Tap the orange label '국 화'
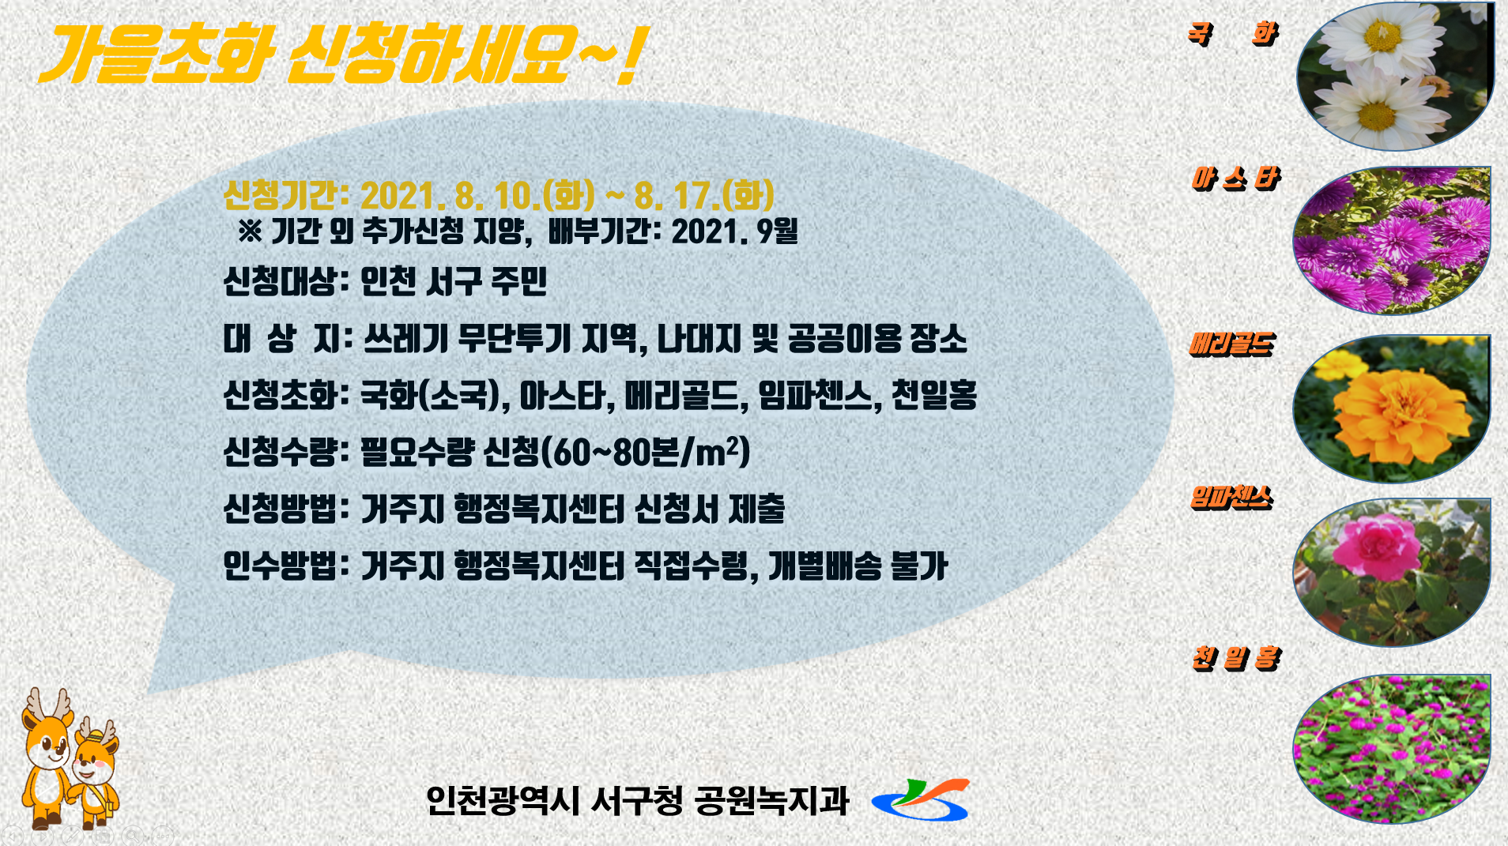point(1233,33)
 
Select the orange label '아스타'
point(1236,179)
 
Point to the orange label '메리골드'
point(1232,344)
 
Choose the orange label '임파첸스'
point(1231,497)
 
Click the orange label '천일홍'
point(1236,658)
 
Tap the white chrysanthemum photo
point(1396,76)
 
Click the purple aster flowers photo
point(1392,240)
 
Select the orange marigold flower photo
point(1392,408)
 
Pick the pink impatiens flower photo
point(1392,573)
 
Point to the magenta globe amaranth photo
point(1392,749)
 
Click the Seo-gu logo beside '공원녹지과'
point(920,799)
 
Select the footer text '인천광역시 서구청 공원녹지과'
point(637,801)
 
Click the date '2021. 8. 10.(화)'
point(478,195)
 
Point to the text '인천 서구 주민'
point(454,281)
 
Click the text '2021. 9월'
point(734,231)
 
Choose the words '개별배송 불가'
point(858,566)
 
